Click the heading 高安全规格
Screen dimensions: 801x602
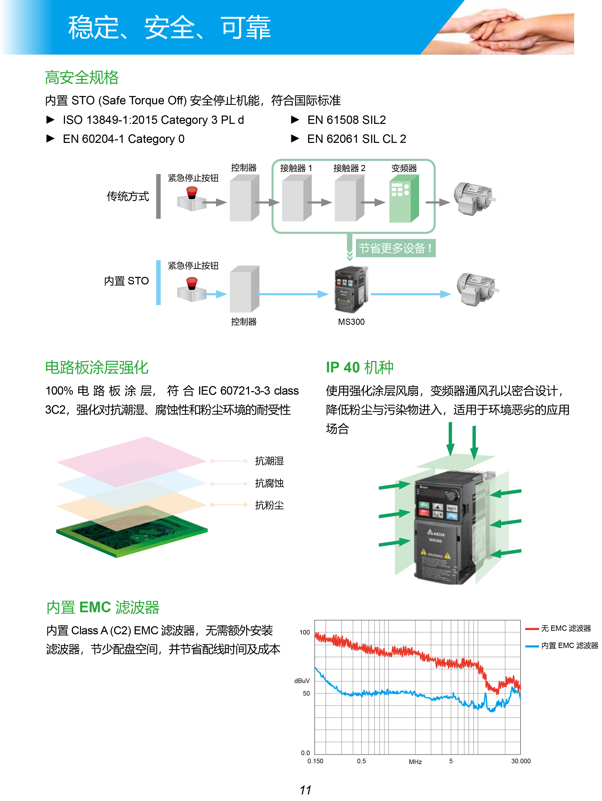point(82,78)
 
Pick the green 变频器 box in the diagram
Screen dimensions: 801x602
point(404,199)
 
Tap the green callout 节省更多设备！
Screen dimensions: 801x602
point(395,249)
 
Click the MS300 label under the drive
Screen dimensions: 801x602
point(351,322)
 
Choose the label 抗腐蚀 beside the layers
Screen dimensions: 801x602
point(269,483)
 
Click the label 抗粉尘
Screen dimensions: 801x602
point(269,506)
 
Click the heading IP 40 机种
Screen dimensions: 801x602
point(359,368)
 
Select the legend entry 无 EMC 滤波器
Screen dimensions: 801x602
point(566,629)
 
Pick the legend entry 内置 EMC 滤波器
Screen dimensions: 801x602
point(569,646)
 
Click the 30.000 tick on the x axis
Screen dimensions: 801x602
point(520,761)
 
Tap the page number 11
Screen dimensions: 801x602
point(305,790)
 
